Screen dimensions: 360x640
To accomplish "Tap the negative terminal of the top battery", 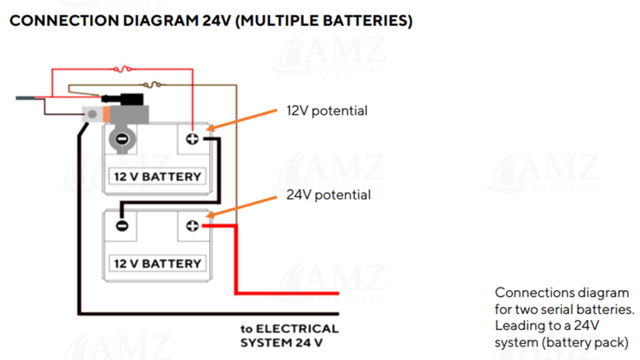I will [x=122, y=139].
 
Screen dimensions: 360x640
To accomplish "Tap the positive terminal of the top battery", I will [x=192, y=139].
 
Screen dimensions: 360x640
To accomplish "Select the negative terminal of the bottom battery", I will [x=122, y=225].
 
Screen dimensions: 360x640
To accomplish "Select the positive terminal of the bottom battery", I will [x=192, y=225].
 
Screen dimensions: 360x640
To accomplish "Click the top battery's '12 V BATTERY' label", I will [x=158, y=177].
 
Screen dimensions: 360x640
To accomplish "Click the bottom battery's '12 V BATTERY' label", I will [x=158, y=263].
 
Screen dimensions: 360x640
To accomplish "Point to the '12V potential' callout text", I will [x=327, y=111].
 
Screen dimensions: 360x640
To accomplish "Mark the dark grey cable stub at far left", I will [x=29, y=98].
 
